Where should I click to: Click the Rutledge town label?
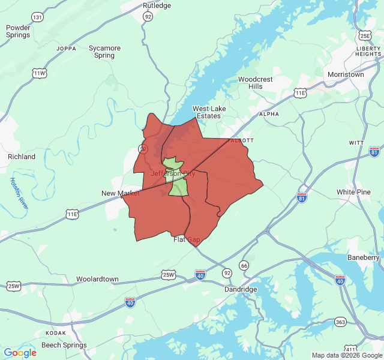(157, 5)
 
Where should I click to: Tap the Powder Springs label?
(18, 31)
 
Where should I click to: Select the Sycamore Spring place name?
(104, 52)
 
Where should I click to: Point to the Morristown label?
(346, 74)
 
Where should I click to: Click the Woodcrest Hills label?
(256, 83)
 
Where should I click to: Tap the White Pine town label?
(353, 192)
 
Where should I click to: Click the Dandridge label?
(241, 289)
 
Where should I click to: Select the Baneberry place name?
(364, 257)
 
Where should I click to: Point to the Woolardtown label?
(97, 280)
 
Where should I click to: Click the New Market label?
(120, 193)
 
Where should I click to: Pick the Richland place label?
(22, 157)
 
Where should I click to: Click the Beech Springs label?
(64, 346)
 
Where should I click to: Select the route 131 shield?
(38, 17)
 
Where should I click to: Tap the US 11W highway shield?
(40, 73)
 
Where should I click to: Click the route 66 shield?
(244, 265)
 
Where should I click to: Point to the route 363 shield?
(340, 322)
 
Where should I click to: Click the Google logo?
(20, 353)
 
